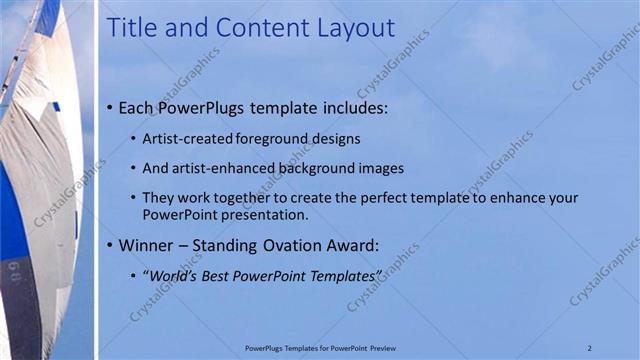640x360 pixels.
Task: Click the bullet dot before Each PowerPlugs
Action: pos(109,107)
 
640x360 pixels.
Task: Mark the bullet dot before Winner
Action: pos(109,244)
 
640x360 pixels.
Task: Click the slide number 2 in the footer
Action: pos(590,347)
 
